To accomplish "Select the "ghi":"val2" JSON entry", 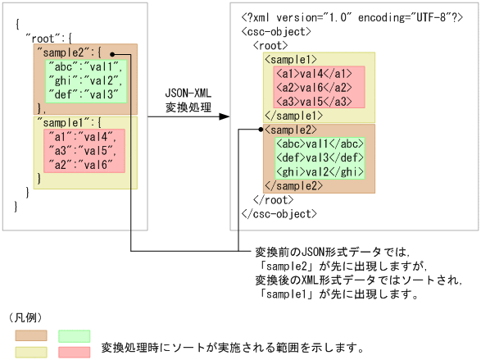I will [84, 81].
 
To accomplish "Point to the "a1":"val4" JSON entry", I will [80, 136].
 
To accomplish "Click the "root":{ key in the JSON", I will [49, 39].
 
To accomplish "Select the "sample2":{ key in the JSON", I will [69, 52].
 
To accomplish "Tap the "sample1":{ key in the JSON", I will [69, 121].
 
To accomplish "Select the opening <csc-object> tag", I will [276, 32].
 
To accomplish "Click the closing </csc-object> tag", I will [279, 213].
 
